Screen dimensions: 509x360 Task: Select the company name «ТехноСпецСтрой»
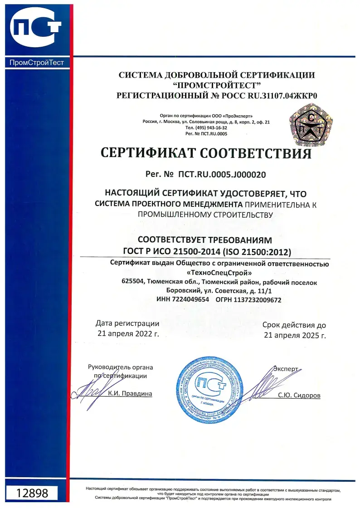pos(219,273)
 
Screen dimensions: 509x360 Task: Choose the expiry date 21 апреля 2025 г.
pos(294,336)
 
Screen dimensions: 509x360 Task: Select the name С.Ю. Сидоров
pos(299,396)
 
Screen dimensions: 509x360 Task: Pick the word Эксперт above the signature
pos(286,369)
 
